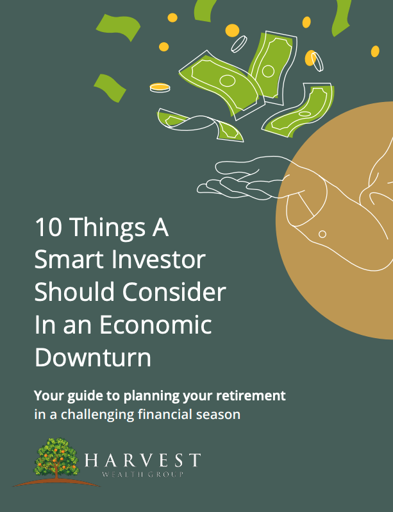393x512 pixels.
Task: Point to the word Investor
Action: click(158, 260)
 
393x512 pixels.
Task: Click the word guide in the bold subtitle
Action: click(84, 397)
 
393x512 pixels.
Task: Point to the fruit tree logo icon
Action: click(56, 461)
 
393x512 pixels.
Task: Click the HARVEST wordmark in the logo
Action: click(142, 460)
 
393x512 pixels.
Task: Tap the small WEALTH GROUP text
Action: click(142, 474)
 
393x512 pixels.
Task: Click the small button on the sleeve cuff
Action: click(322, 234)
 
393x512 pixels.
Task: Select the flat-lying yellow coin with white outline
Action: click(160, 87)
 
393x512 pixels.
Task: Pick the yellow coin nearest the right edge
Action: click(375, 51)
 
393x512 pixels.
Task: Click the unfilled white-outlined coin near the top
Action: click(239, 44)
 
